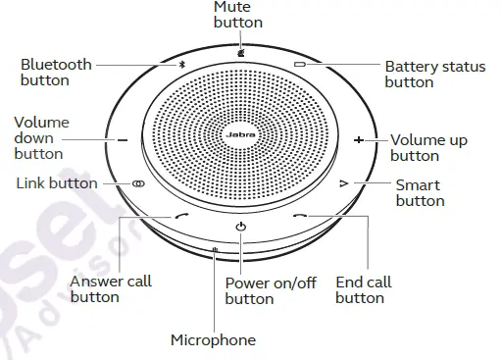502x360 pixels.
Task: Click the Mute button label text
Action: (238, 14)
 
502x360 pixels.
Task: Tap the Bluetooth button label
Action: (56, 72)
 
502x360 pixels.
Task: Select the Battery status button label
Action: (434, 75)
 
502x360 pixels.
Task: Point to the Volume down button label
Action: (38, 137)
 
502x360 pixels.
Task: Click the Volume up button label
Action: (428, 148)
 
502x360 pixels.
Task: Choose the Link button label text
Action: (57, 183)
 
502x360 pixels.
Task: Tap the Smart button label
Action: (419, 192)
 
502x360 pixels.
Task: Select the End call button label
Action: (363, 289)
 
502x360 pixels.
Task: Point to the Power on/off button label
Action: (271, 290)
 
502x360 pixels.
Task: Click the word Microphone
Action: (213, 340)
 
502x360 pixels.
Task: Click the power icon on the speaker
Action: (240, 228)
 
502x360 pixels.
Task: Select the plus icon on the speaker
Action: (359, 140)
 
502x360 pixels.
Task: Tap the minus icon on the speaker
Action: (123, 140)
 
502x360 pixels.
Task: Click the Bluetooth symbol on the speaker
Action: (179, 67)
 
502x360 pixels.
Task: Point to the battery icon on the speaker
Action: (301, 67)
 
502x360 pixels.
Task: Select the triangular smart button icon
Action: (343, 183)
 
